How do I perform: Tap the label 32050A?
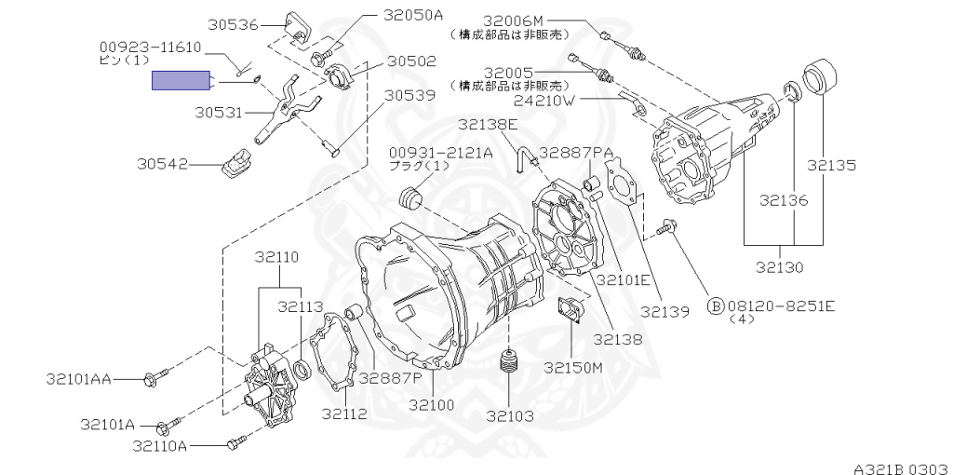click(x=413, y=15)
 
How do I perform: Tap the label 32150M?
click(x=574, y=367)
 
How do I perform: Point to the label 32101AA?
click(x=78, y=379)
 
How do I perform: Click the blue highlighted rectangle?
click(x=182, y=81)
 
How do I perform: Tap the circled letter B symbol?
click(x=716, y=305)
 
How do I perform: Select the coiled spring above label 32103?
click(x=508, y=364)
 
